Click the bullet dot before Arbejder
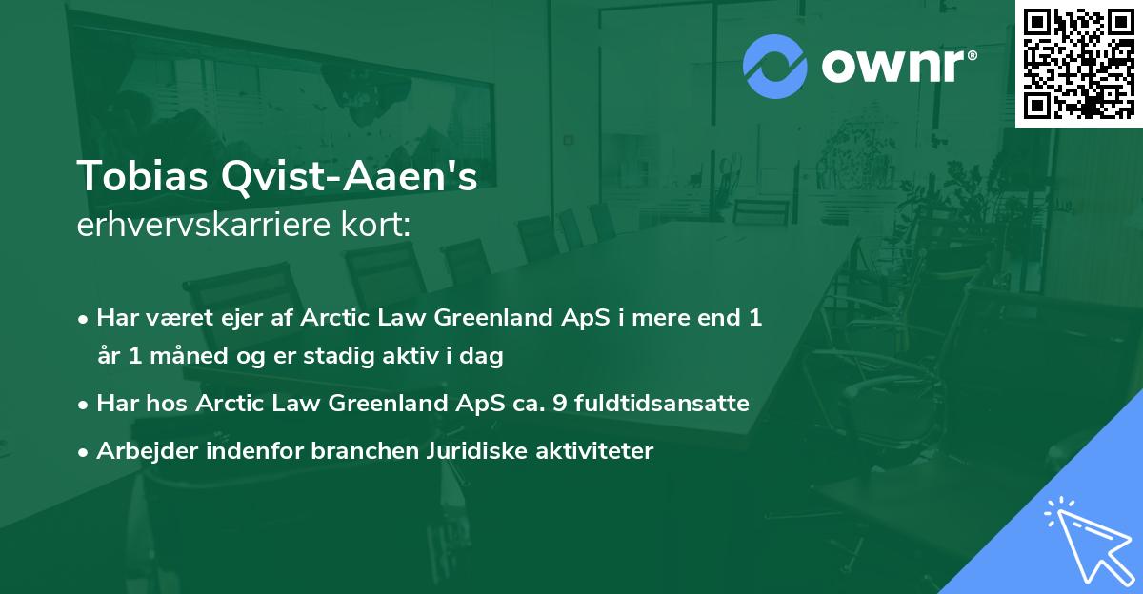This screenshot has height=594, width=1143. tap(84, 452)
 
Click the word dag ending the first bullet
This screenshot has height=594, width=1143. tap(483, 358)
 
